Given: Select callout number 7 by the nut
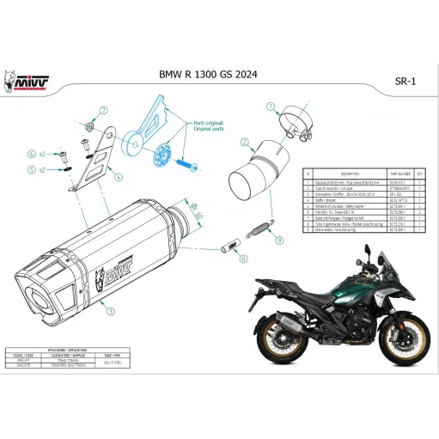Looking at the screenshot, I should (102, 111).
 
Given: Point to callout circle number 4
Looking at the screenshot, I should (119, 177).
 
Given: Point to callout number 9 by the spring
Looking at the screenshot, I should (277, 241).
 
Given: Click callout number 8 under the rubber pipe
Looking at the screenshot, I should (243, 258).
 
